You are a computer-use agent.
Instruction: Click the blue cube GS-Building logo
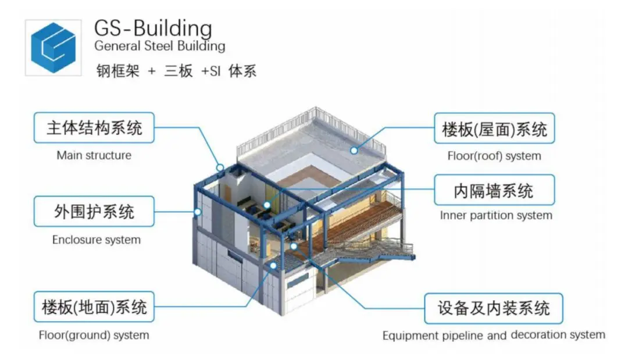coord(53,48)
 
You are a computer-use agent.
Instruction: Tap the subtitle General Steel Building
coord(160,46)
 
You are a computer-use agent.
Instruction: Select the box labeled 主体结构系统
coord(94,128)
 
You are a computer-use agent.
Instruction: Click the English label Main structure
coord(94,155)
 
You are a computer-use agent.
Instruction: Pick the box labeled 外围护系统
coord(94,212)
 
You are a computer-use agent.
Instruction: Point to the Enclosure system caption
coord(97,240)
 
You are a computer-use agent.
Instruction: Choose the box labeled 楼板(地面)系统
coord(94,306)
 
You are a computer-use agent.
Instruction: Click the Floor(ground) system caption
coord(94,335)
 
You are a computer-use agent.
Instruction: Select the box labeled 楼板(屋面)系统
coord(494,128)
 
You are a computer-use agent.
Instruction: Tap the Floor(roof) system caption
coord(494,156)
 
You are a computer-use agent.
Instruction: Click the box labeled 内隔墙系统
coord(494,190)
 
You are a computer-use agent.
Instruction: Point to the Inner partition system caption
coord(496,215)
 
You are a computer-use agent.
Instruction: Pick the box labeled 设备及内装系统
coord(494,308)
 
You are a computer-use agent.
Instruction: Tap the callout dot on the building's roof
coord(354,151)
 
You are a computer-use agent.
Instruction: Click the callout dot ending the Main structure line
coord(220,167)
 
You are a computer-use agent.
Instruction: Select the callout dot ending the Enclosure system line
coord(197,212)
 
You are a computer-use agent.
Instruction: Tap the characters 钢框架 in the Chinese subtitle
coord(117,72)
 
